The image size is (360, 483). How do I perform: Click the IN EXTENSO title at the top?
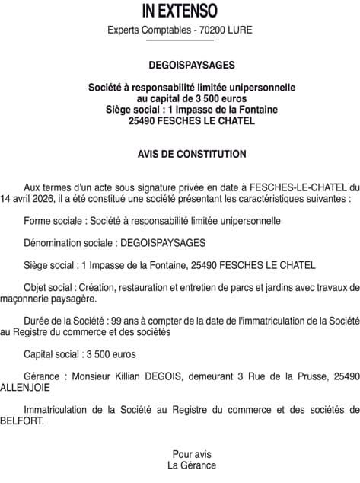point(180,11)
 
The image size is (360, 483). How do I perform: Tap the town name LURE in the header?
point(238,30)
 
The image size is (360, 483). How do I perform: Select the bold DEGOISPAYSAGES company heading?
point(180,66)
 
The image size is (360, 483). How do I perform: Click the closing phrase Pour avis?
point(192,454)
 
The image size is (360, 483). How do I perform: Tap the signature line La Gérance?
point(192,465)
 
